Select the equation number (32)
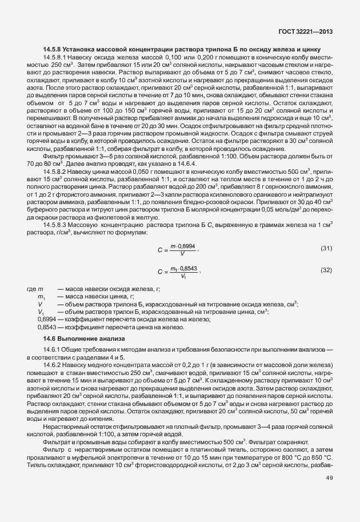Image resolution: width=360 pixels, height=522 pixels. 326,269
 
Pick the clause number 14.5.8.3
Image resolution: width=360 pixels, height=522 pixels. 55,224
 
